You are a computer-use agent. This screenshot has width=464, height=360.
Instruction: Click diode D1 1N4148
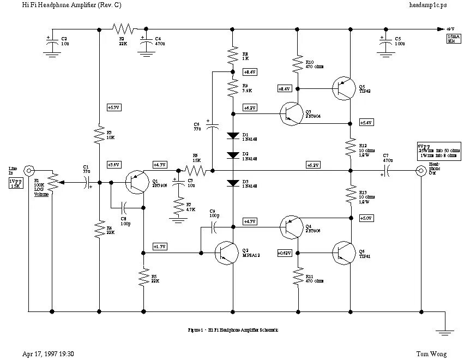pos(233,135)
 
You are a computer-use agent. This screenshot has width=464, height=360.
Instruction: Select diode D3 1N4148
pos(233,182)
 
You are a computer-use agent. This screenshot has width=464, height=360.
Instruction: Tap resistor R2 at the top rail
pos(122,28)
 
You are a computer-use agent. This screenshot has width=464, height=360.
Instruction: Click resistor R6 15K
pos(197,171)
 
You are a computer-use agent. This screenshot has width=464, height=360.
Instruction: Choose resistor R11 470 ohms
pos(298,278)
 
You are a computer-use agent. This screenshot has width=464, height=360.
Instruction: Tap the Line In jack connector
pos(27,170)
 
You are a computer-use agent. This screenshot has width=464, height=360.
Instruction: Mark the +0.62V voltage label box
pos(284,253)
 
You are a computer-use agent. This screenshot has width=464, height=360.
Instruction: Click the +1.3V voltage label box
pos(160,246)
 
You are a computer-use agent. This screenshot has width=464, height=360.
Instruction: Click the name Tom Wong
pos(431,353)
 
